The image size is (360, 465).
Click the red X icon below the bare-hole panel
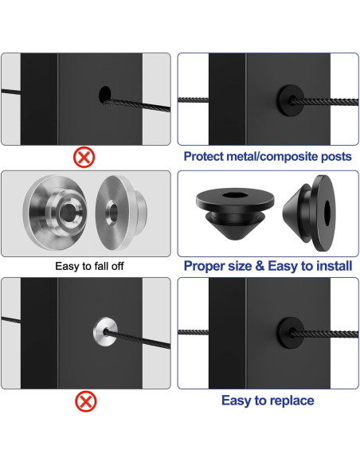84,156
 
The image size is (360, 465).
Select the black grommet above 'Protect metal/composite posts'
288,100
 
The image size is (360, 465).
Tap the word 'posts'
334,157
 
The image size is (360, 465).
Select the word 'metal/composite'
273,157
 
